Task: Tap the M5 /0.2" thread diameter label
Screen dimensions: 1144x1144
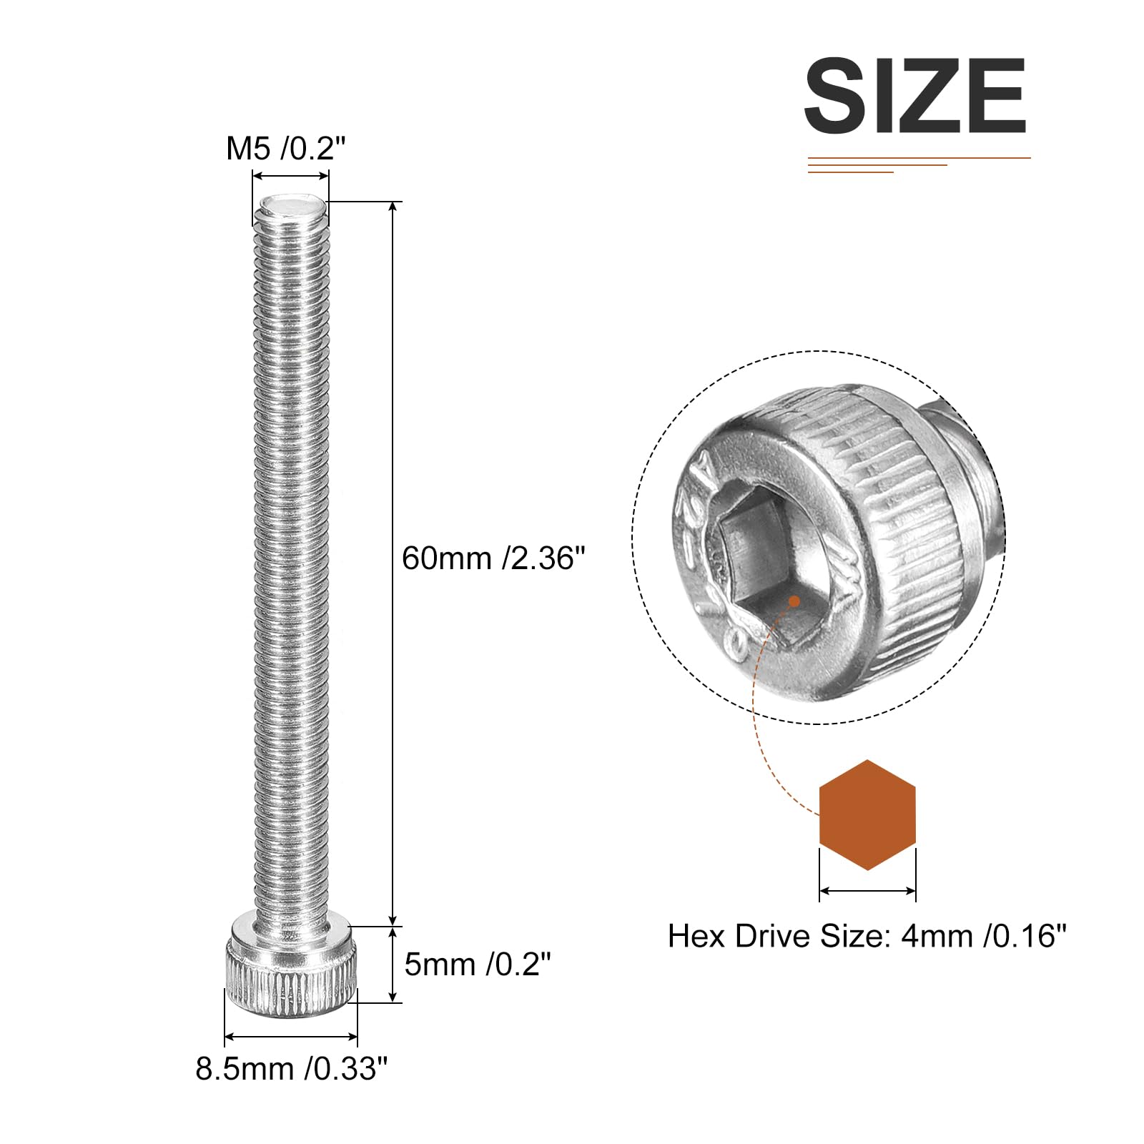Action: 286,149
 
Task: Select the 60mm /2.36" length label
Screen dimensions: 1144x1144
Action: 493,558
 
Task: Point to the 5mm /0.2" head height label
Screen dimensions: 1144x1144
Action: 478,965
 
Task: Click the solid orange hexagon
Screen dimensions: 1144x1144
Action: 867,815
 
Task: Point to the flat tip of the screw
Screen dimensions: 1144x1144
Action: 291,208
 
